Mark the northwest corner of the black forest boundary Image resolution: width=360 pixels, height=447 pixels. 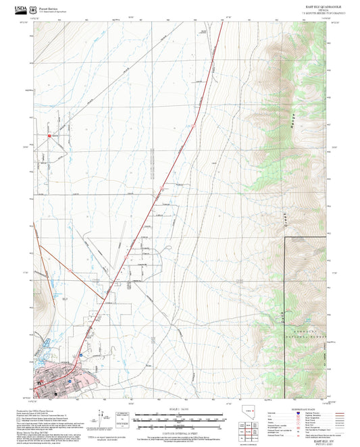pos(284,238)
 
